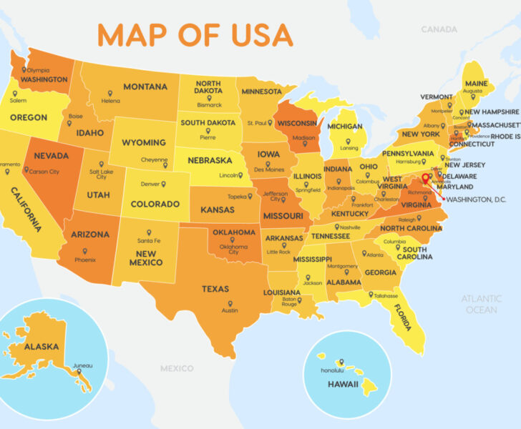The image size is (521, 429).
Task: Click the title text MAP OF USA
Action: [195, 34]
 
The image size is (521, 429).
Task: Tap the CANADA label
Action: [439, 29]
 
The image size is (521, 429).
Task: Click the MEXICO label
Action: [176, 368]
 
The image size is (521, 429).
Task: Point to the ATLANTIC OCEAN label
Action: [481, 304]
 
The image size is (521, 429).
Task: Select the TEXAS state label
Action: [215, 289]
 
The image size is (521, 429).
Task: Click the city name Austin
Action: [229, 310]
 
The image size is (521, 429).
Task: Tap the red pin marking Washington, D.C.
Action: [426, 178]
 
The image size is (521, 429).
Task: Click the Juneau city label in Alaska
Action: [82, 365]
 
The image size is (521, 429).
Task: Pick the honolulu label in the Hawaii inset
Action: [332, 370]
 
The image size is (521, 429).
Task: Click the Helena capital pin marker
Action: [111, 93]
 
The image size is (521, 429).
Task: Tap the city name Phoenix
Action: [85, 260]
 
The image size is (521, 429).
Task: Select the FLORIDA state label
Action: [402, 317]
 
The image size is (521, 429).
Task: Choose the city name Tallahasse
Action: [385, 295]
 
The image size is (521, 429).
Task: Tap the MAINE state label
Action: [476, 84]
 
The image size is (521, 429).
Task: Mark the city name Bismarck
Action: [209, 104]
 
